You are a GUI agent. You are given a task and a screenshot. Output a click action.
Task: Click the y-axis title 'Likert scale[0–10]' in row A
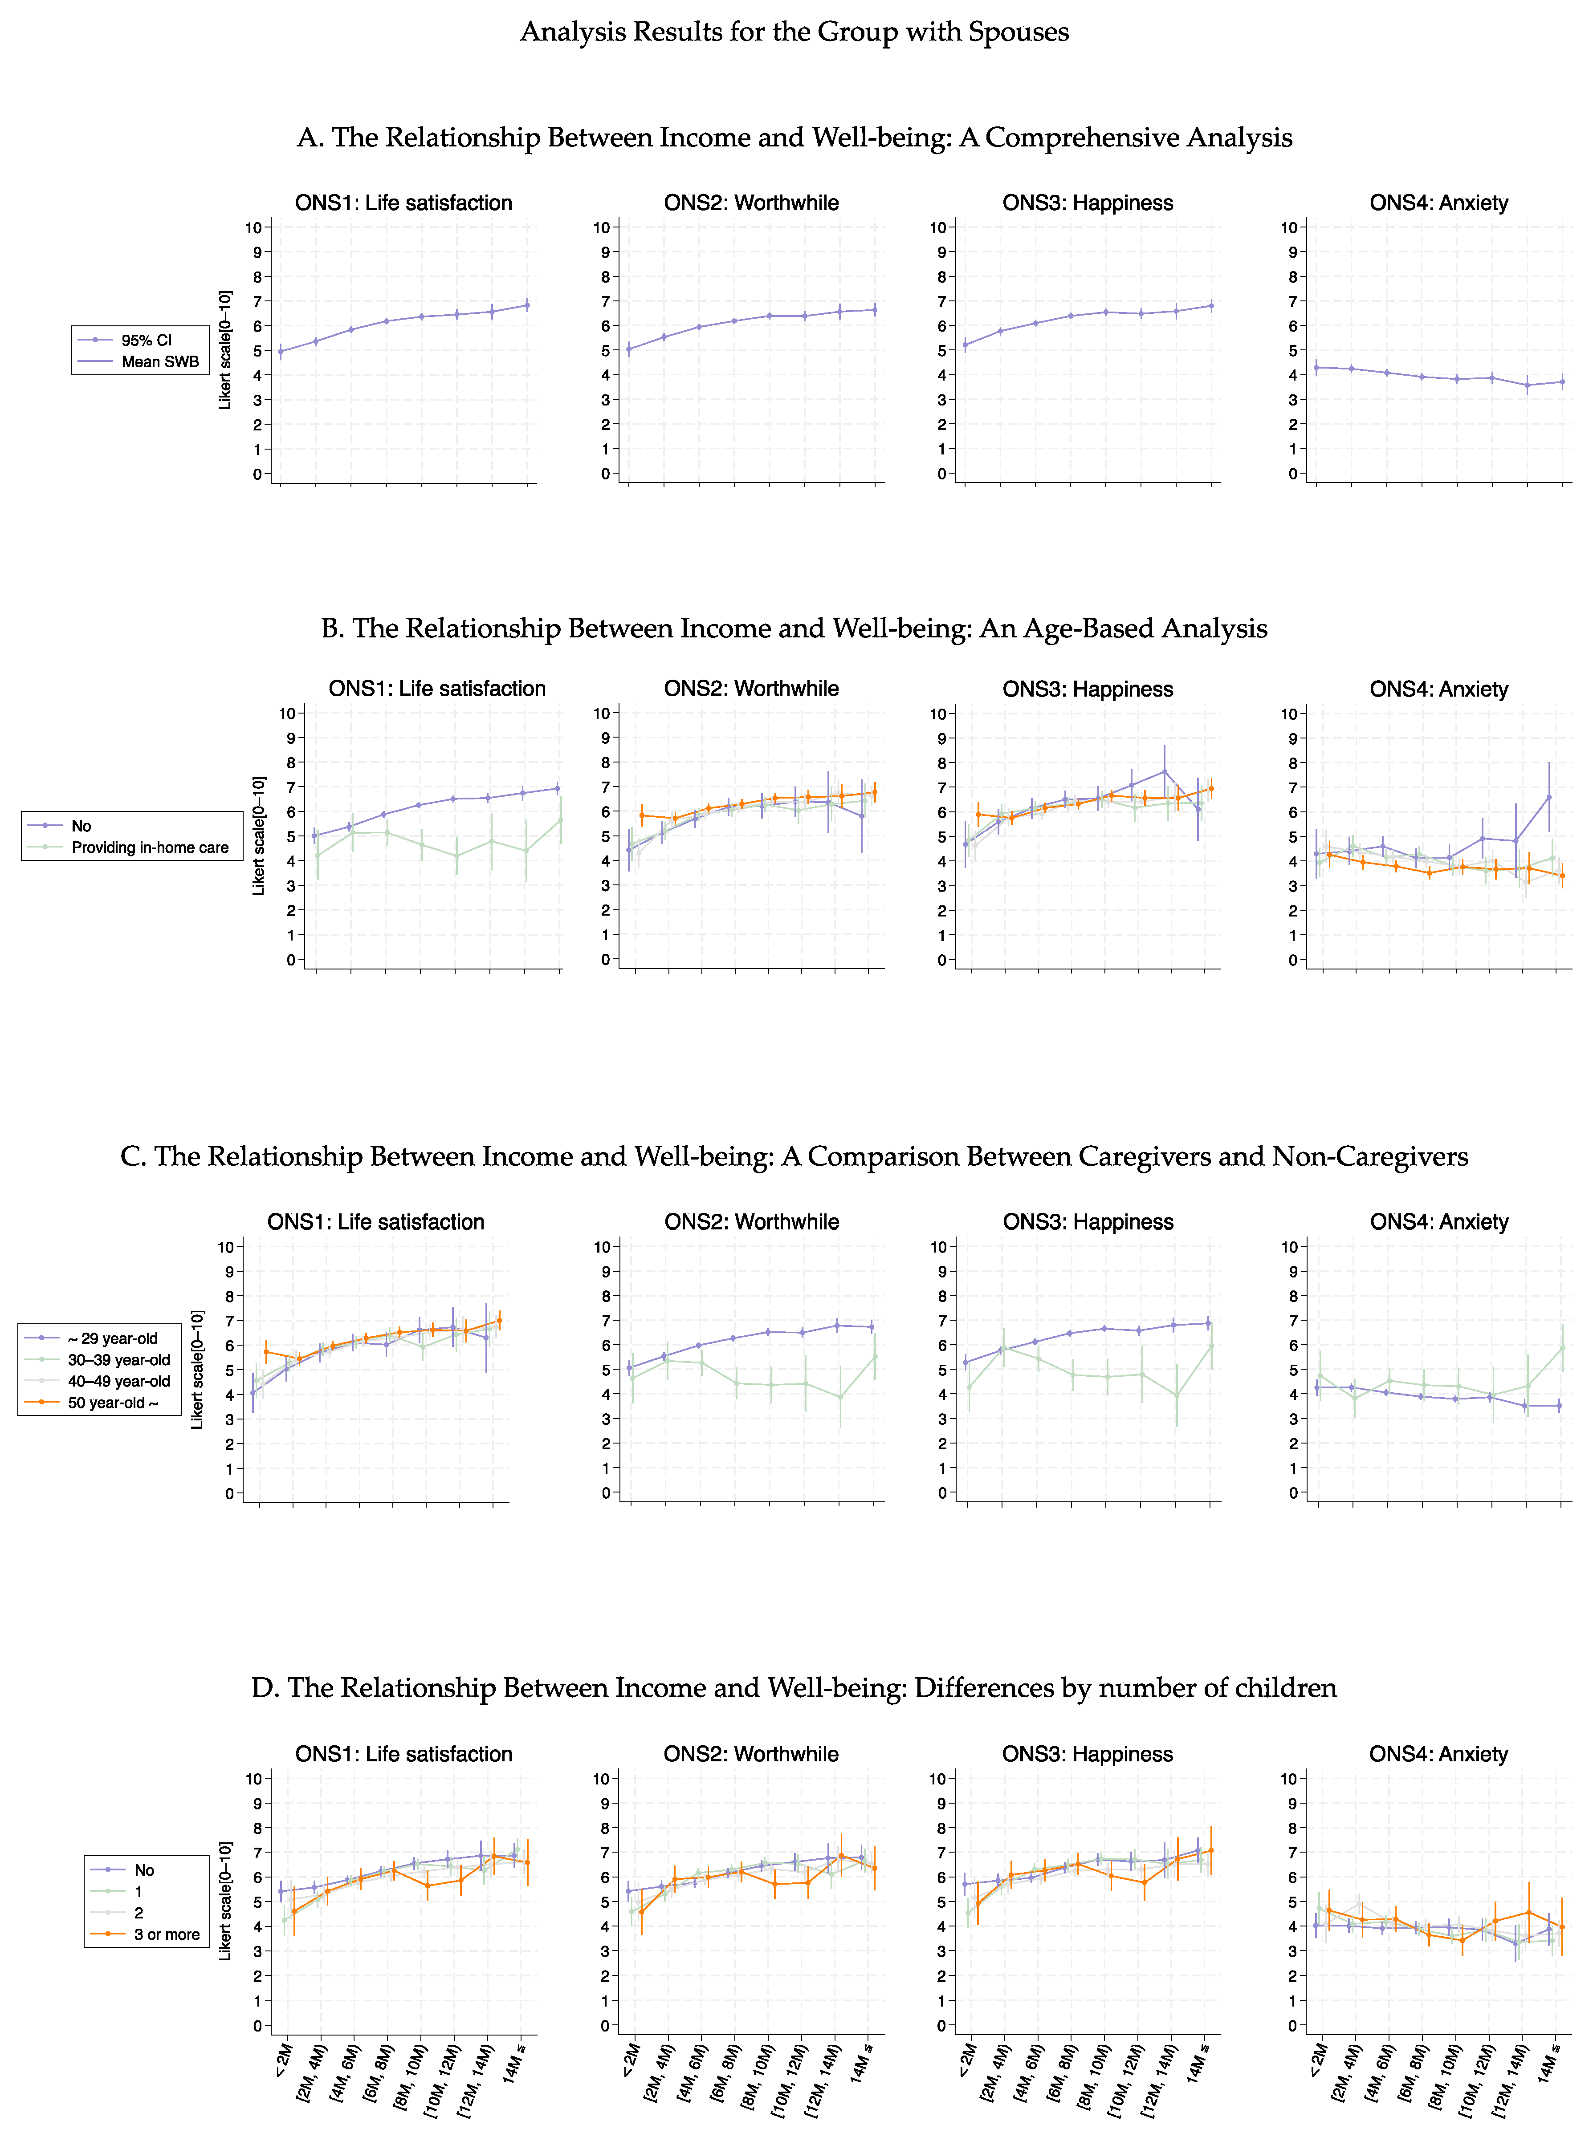click(225, 350)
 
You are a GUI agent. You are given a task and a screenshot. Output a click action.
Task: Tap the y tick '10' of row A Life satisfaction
click(253, 227)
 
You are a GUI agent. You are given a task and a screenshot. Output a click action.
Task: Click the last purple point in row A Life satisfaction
click(526, 305)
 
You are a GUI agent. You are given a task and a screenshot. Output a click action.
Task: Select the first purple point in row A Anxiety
click(1316, 367)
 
